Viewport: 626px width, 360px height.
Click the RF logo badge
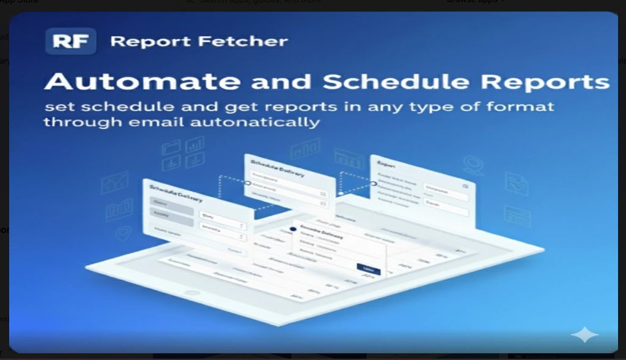click(x=71, y=42)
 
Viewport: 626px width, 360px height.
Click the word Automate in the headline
click(x=142, y=82)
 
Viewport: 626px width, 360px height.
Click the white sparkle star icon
click(x=584, y=335)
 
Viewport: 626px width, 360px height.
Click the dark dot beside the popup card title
click(x=293, y=229)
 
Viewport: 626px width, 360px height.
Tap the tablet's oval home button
click(x=192, y=293)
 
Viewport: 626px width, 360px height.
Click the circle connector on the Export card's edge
click(x=374, y=183)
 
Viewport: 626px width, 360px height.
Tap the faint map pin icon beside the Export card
click(x=473, y=164)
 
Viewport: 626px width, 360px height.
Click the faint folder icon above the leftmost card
click(x=171, y=148)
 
